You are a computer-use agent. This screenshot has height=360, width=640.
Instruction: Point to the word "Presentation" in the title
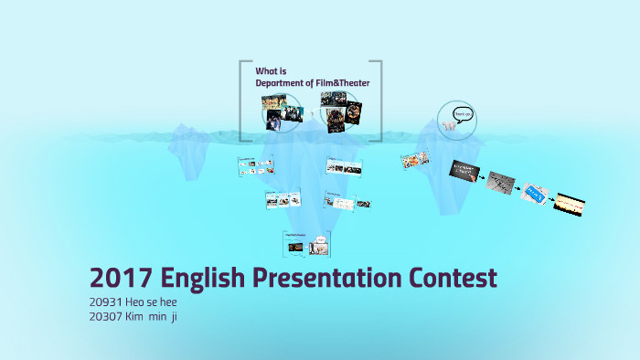[321, 278]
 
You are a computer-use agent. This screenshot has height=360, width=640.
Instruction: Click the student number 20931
[108, 302]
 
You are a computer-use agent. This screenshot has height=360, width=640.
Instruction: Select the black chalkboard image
[465, 171]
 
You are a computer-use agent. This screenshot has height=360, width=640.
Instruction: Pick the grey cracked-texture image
[501, 182]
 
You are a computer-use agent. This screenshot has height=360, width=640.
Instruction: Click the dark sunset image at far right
[570, 205]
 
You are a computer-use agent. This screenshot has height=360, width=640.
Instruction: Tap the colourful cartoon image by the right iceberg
[416, 162]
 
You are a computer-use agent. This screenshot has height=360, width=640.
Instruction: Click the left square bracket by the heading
[243, 101]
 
